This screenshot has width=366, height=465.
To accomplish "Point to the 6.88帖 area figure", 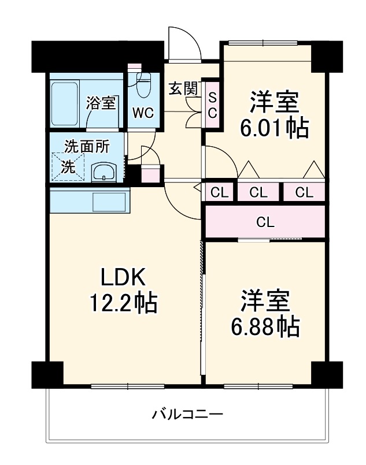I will [265, 326].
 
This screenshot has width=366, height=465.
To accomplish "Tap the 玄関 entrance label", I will [183, 88].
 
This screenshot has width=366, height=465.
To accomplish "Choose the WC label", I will [142, 113].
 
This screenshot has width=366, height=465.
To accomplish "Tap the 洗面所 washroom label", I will [86, 146].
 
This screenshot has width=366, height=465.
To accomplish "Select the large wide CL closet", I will [265, 221].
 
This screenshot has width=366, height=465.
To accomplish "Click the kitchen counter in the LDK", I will [88, 200].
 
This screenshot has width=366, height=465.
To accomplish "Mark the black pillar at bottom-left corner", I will [47, 374].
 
